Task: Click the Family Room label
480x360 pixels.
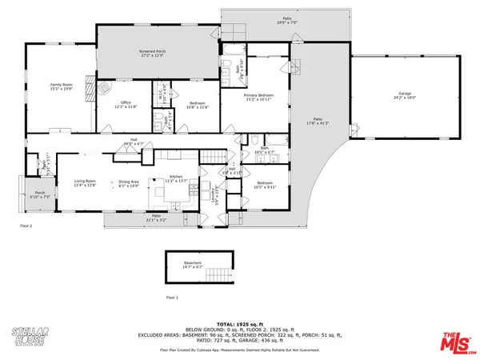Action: tap(61, 84)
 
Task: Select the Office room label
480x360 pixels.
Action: tap(121, 102)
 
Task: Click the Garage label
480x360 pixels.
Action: tap(406, 94)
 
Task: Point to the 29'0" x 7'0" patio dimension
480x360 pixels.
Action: tap(287, 22)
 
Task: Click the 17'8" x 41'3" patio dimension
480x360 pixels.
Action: tap(318, 122)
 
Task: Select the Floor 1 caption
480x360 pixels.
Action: tap(172, 298)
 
